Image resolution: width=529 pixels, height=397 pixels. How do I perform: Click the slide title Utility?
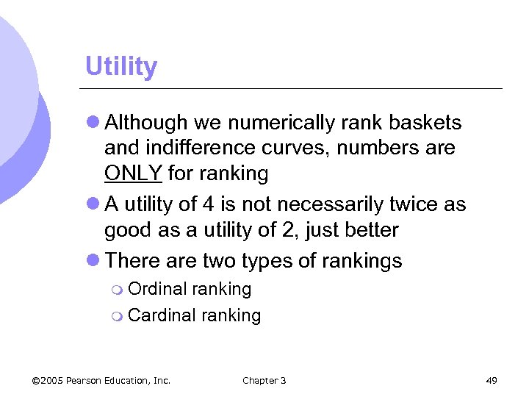pyautogui.click(x=121, y=67)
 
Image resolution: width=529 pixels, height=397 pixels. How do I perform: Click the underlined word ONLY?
pyautogui.click(x=134, y=174)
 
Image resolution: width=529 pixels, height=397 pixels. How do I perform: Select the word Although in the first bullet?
pyautogui.click(x=145, y=122)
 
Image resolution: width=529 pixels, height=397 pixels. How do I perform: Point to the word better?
pyautogui.click(x=375, y=231)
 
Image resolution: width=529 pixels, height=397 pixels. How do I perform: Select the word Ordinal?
pyautogui.click(x=157, y=290)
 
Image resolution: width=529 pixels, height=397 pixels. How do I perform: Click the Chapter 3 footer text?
pyautogui.click(x=264, y=380)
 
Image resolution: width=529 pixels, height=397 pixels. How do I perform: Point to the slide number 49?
pyautogui.click(x=492, y=380)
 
